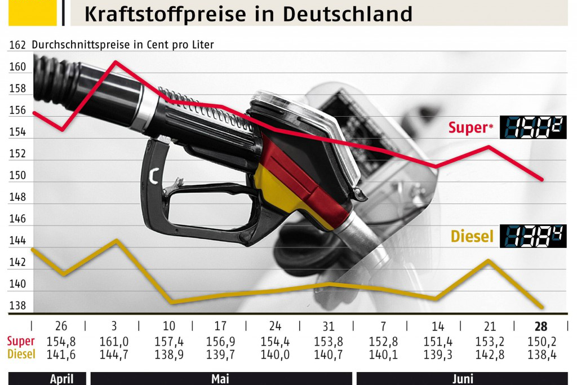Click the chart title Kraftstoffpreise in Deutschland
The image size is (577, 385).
248,14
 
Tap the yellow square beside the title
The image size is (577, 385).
32,12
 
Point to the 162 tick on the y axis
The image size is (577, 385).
18,45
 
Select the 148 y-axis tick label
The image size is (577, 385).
18,197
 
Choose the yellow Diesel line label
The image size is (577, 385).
472,236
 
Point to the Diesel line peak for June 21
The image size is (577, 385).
489,260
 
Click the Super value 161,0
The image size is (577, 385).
114,342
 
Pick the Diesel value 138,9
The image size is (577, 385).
169,355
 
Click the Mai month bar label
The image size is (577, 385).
220,379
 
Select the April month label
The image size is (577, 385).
61,379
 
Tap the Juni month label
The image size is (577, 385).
462,379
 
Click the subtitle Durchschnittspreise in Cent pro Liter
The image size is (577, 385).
123,45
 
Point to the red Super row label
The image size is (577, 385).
21,342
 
